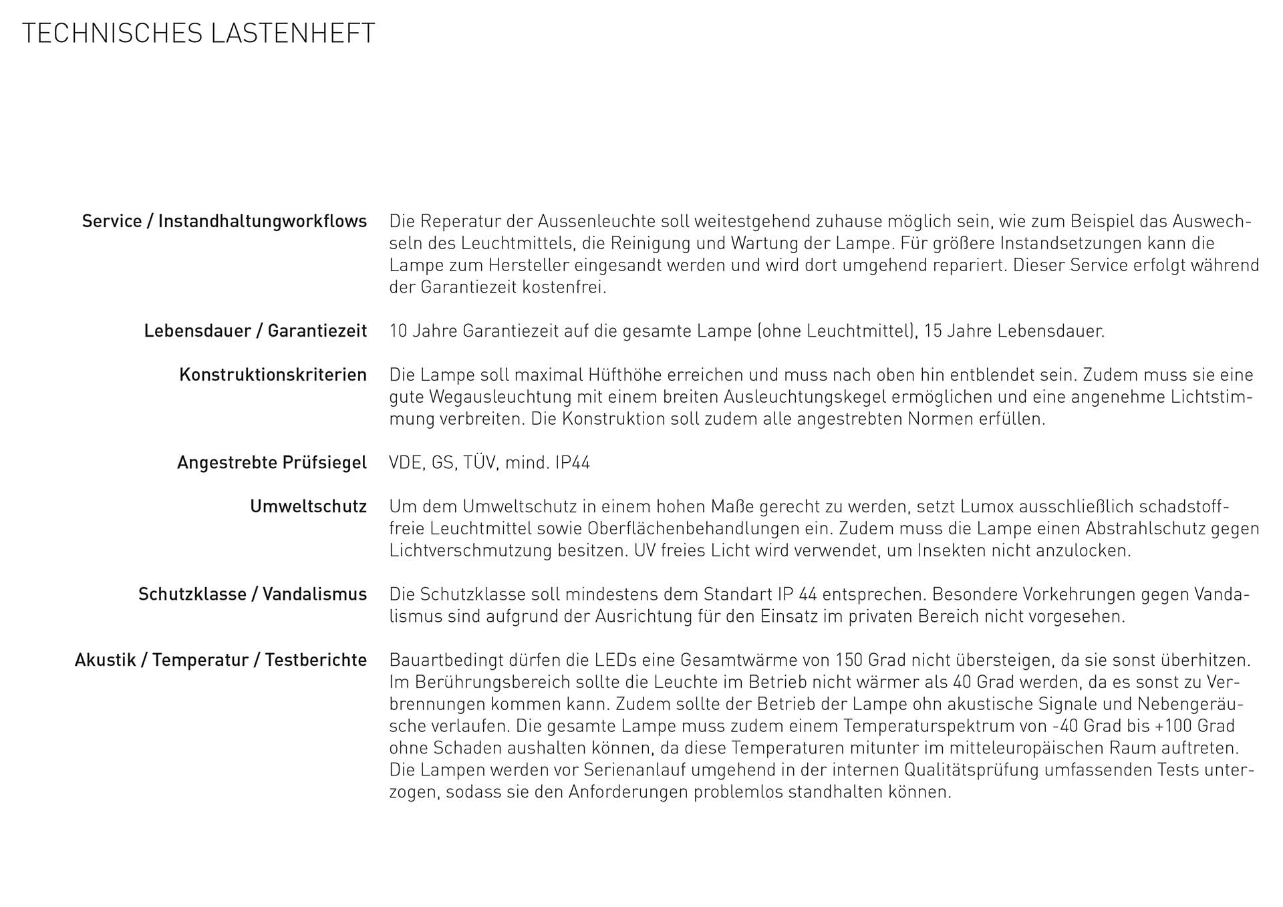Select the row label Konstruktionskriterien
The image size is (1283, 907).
(x=273, y=375)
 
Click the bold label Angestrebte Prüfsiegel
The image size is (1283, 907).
(x=271, y=463)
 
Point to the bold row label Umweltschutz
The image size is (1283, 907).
(x=308, y=507)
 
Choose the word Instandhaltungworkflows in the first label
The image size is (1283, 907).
(x=262, y=221)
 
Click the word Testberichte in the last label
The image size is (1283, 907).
(x=315, y=661)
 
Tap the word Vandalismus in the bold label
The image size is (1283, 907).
(x=314, y=594)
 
